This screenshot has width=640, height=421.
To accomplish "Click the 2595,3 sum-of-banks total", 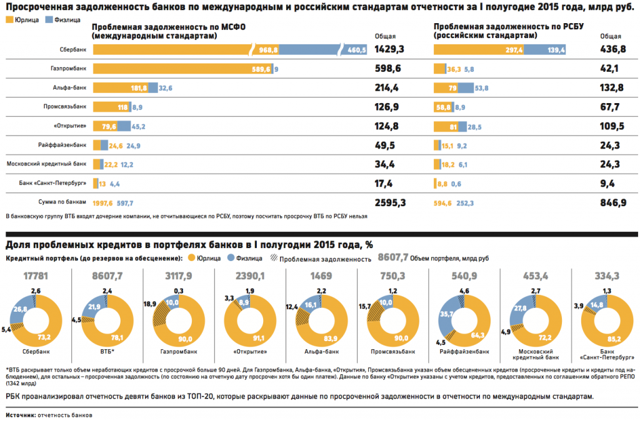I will pos(391,202).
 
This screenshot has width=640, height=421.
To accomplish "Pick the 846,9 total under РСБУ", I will pos(613,202).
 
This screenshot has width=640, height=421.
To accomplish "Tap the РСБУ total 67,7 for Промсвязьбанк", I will pos(609,107).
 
